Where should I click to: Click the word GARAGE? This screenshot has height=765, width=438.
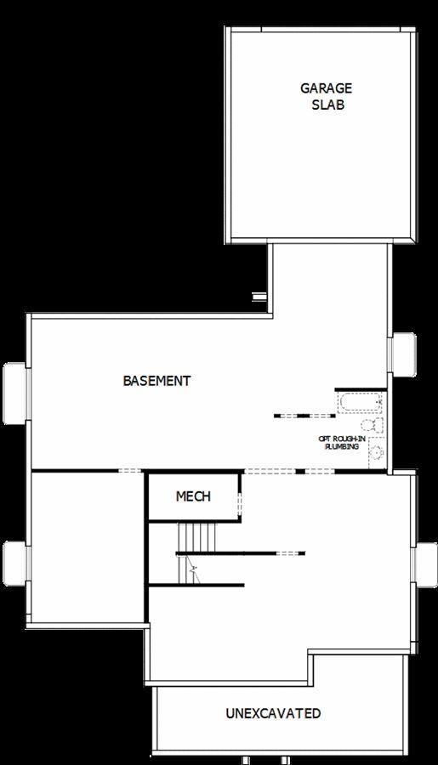(x=314, y=88)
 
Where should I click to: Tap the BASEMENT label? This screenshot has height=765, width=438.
(x=156, y=381)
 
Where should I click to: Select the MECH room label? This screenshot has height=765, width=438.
(x=193, y=496)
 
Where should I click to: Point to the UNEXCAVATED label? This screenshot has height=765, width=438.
(x=273, y=713)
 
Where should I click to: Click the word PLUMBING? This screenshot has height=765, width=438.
(x=341, y=446)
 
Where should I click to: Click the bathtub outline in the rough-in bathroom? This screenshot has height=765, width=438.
(x=361, y=402)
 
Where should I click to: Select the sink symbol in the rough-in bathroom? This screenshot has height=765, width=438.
(x=375, y=452)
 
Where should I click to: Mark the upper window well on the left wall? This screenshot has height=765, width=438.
(x=15, y=393)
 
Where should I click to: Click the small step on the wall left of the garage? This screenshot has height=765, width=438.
(x=259, y=296)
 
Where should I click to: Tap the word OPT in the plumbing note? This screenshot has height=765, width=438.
(x=324, y=439)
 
